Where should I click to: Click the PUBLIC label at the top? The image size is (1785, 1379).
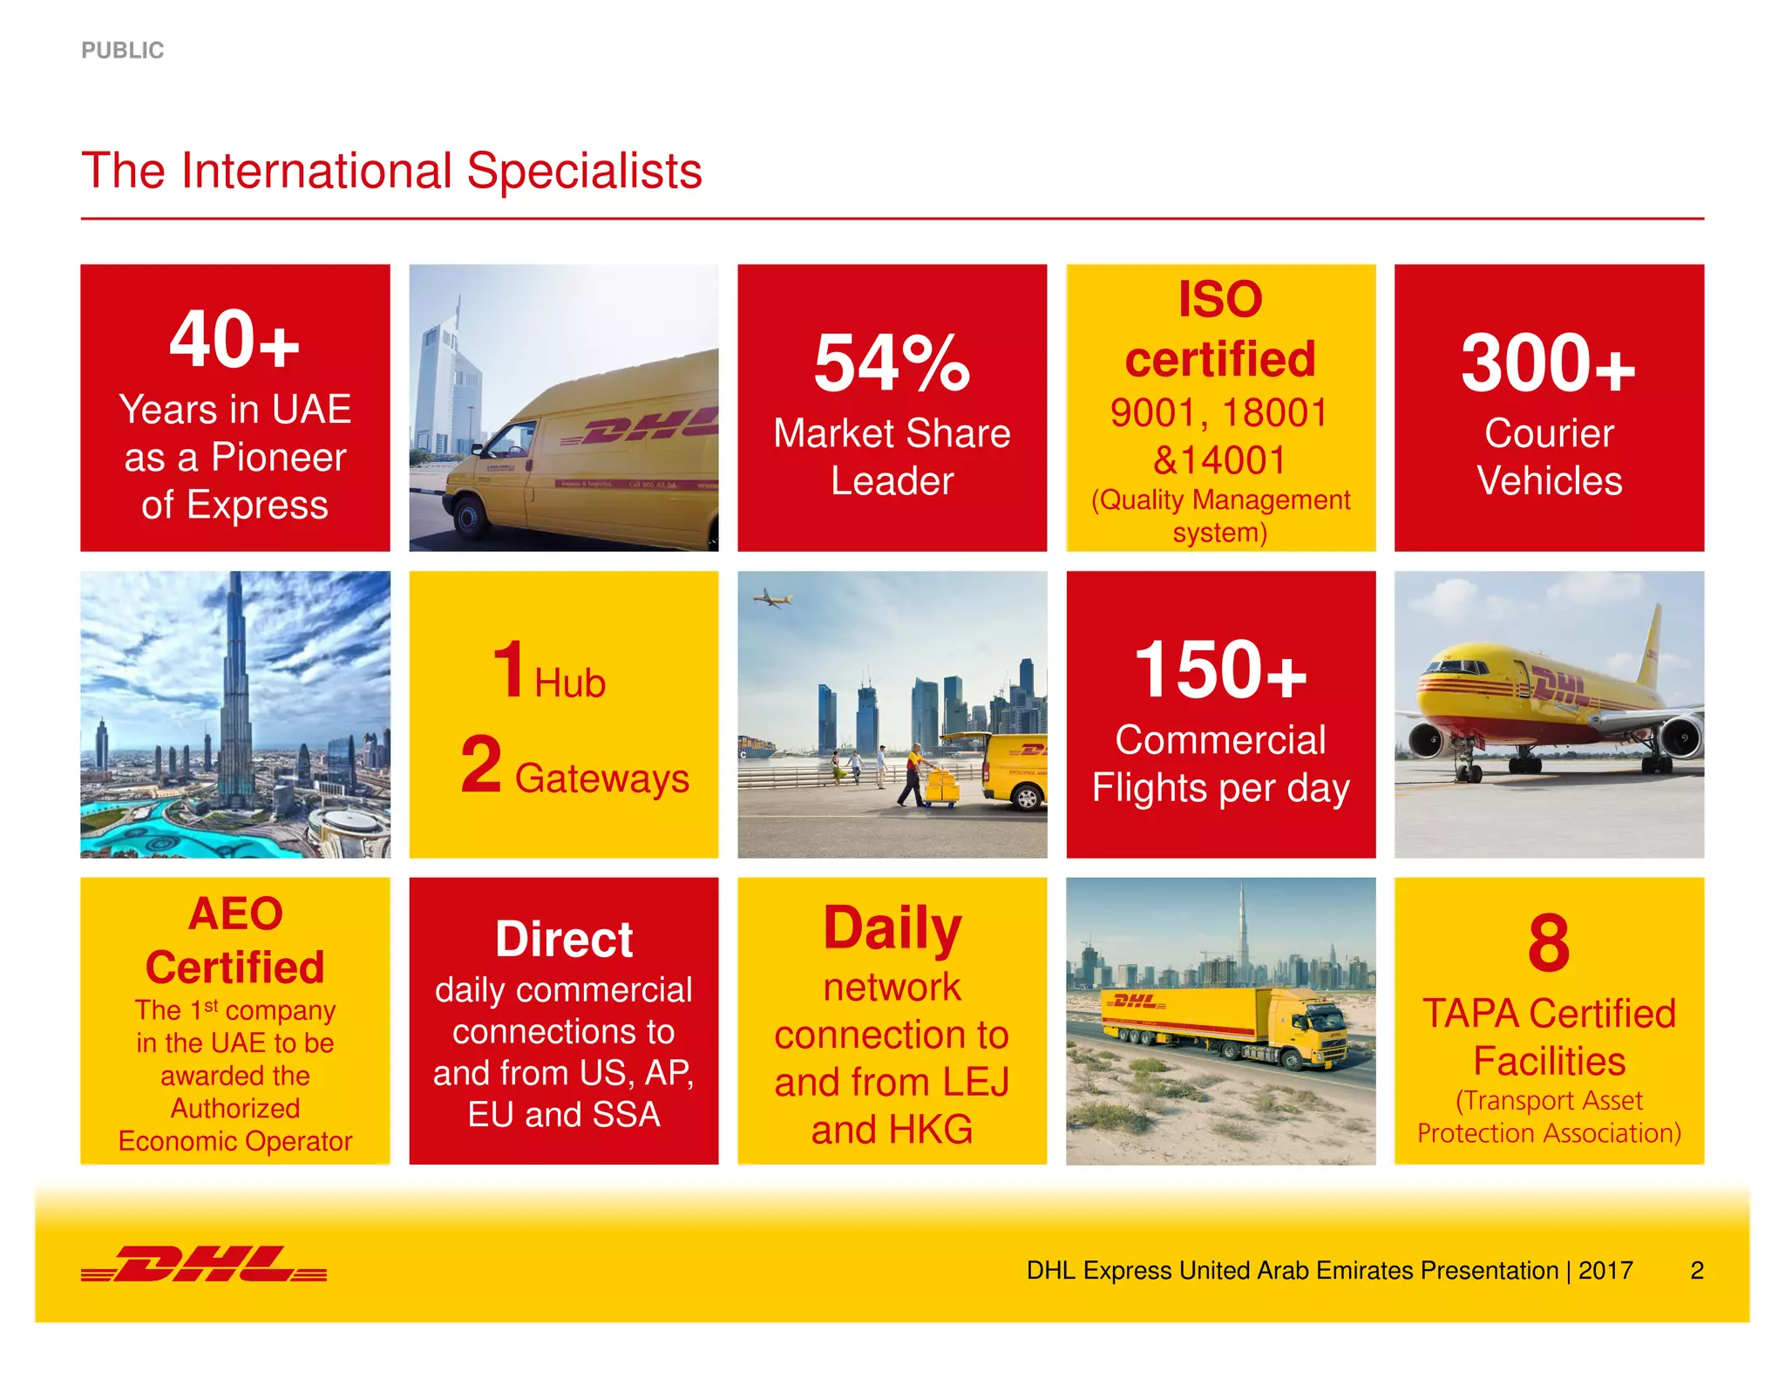click(122, 51)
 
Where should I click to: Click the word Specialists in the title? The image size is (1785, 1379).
click(584, 171)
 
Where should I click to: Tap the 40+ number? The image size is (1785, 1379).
click(234, 340)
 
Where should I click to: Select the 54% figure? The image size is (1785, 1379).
click(892, 363)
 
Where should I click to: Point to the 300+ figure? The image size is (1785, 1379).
click(1548, 363)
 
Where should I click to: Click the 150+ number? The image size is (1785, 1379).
click(1220, 670)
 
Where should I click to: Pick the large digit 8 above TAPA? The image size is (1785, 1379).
click(1549, 943)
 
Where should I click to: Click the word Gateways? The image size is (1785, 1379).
click(601, 778)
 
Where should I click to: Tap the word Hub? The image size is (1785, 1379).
click(570, 683)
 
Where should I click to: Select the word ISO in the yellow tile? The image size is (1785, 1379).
click(1220, 299)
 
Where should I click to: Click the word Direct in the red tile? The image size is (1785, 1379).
click(564, 940)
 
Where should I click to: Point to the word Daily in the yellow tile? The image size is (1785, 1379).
click(892, 928)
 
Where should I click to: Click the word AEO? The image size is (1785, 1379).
click(235, 914)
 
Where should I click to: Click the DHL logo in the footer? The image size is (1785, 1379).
click(204, 1264)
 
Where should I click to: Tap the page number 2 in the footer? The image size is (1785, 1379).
click(1696, 1270)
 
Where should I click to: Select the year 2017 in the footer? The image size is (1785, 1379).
click(1605, 1270)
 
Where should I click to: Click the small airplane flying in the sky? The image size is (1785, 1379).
click(770, 598)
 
